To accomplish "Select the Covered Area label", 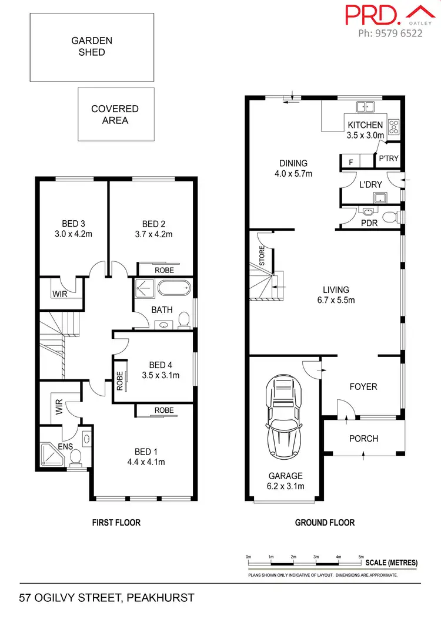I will tap(115, 115).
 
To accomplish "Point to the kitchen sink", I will tap(366, 107).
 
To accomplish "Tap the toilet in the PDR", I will tap(389, 218).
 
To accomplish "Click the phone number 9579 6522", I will tap(390, 33).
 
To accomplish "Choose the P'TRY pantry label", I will tap(389, 159).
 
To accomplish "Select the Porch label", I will tap(363, 439).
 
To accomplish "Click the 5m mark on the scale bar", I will tap(361, 557).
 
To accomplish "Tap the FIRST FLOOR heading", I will tap(115, 522).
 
